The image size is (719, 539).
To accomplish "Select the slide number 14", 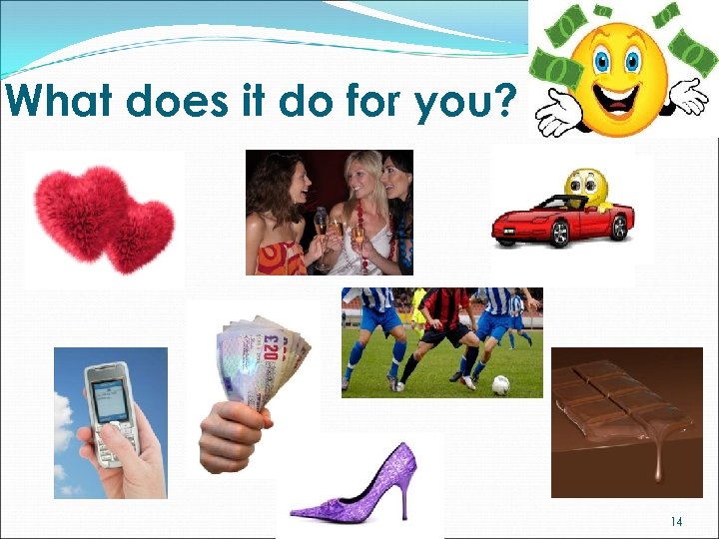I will point(676,521).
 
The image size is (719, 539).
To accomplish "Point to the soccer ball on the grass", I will point(500,384).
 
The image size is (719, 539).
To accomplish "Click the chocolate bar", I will point(619,404).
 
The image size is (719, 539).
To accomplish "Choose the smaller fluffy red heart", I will point(140,236).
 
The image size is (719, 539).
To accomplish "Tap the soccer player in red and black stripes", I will point(444,329).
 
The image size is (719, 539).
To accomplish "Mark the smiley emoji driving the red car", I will point(585,186).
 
